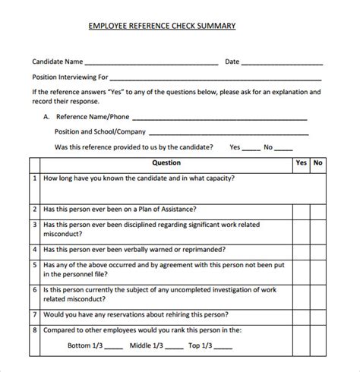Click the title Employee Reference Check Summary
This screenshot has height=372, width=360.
point(163,26)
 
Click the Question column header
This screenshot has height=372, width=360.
point(166,163)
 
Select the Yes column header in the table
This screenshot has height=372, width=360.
point(302,163)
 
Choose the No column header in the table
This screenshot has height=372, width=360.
point(318,163)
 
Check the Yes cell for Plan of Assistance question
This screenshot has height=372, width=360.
point(302,209)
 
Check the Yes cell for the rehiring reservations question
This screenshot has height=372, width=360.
point(302,314)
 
